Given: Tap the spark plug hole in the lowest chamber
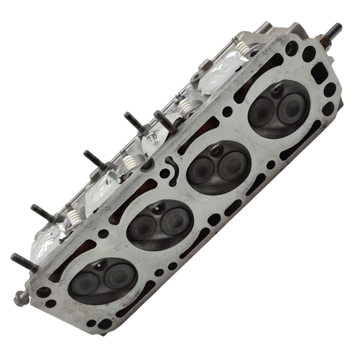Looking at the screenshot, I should pyautogui.click(x=101, y=265).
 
